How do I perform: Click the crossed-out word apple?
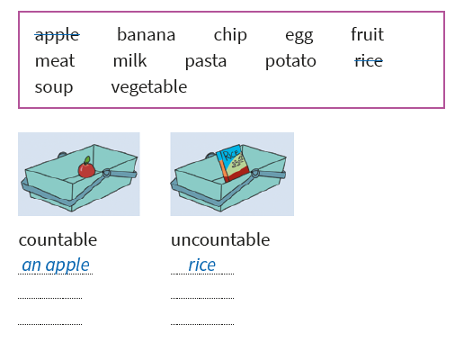[x=57, y=35]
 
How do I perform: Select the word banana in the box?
[x=146, y=34]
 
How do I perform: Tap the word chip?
[x=230, y=35]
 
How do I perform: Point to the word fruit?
[x=367, y=34]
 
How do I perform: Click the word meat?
[x=55, y=61]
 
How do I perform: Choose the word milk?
[x=129, y=60]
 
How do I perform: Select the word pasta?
[x=206, y=62]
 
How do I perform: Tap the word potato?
[x=290, y=62]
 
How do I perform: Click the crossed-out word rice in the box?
[x=369, y=61]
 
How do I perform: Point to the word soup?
[x=54, y=88]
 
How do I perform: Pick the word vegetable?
[x=149, y=87]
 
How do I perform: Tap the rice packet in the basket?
[x=233, y=163]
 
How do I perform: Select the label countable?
[x=58, y=239]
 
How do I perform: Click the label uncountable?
[x=220, y=239]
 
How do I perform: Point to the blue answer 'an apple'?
[x=56, y=265]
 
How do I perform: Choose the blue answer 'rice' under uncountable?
[x=201, y=265]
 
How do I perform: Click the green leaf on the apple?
[x=87, y=160]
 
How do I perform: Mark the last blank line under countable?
[x=49, y=324]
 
